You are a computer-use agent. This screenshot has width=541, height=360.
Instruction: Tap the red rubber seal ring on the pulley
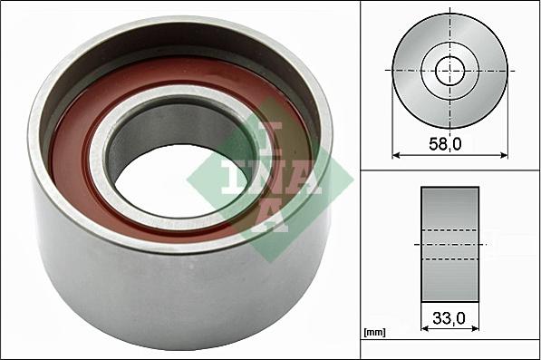click(77, 163)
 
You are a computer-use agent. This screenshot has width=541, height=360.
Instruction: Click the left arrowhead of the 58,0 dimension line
click(396, 154)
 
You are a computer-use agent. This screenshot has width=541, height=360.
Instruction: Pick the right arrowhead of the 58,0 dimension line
click(503, 154)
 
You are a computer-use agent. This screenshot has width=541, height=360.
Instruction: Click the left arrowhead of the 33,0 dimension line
click(425, 330)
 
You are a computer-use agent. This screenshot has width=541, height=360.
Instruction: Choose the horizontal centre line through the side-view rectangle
click(450, 244)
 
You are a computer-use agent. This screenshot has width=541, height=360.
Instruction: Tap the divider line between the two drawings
click(450, 169)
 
